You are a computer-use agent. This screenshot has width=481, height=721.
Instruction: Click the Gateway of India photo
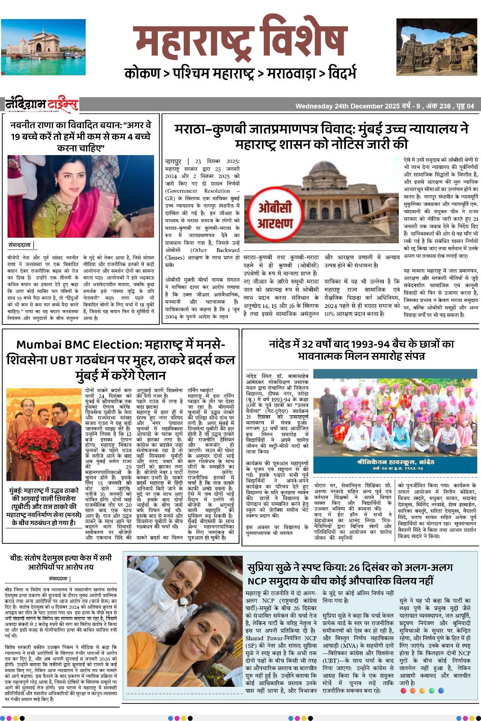(x=43, y=47)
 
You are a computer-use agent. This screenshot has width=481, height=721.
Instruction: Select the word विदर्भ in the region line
(x=342, y=73)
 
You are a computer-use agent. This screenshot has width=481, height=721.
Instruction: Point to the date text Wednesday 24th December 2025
(x=347, y=106)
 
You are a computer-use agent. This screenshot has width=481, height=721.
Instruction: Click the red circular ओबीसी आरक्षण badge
(x=275, y=216)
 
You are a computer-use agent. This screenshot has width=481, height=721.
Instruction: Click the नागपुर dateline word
(x=173, y=161)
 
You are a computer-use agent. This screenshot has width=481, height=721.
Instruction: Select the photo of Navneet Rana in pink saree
(x=81, y=196)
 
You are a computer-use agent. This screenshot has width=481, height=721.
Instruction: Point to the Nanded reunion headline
(x=361, y=350)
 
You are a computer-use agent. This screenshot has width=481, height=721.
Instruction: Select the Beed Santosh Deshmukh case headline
(x=61, y=562)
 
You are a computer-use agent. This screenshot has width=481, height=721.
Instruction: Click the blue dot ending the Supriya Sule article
(x=441, y=691)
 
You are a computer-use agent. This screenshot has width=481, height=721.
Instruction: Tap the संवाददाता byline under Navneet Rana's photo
(x=20, y=245)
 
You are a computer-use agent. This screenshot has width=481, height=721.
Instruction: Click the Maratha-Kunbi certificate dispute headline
(x=322, y=137)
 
